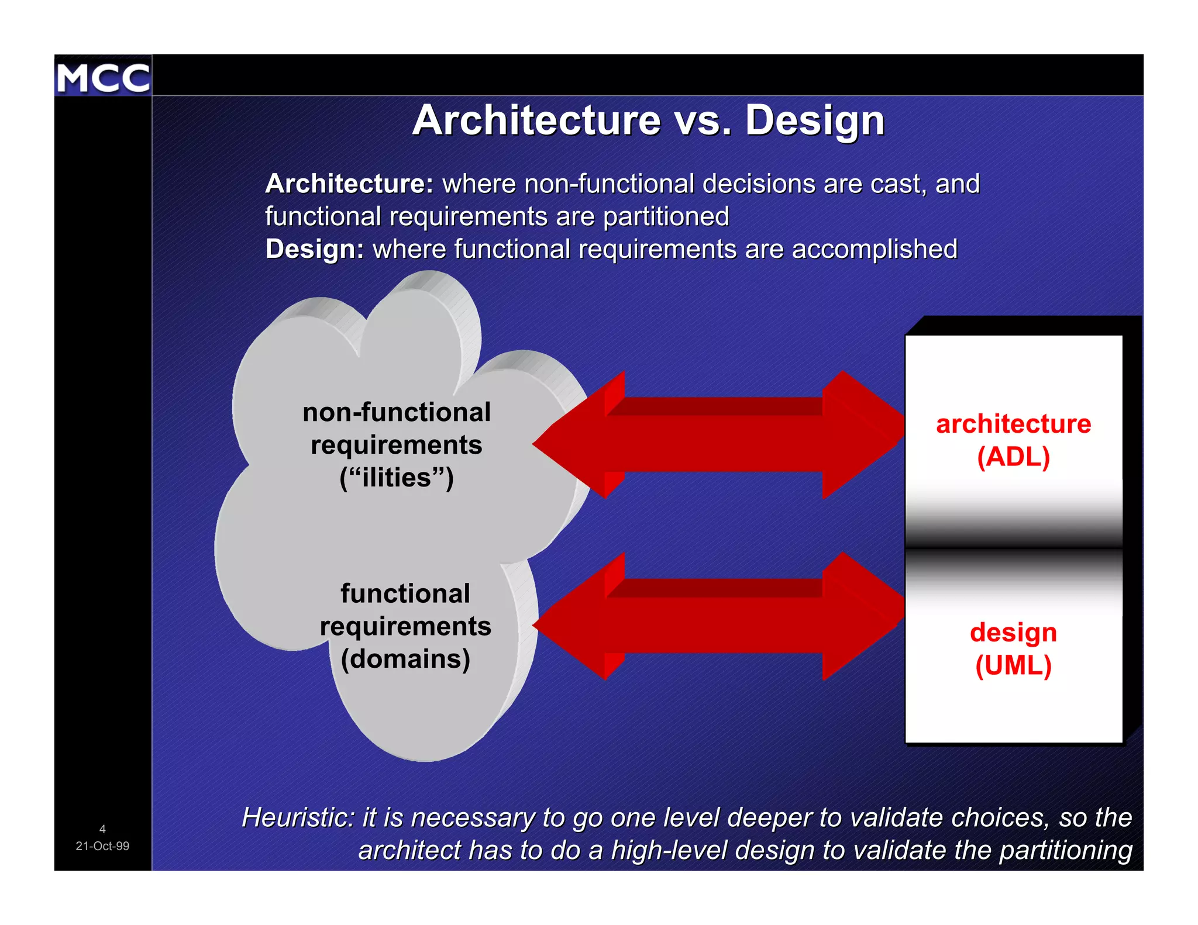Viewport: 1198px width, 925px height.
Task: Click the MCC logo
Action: [103, 77]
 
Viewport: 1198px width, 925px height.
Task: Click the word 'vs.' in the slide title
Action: [703, 121]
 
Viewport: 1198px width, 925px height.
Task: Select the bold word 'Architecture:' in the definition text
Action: [349, 184]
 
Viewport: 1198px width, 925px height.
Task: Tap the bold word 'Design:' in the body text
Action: [315, 250]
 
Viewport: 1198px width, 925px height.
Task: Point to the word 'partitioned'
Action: [666, 217]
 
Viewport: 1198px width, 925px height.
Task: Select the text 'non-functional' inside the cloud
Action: [396, 412]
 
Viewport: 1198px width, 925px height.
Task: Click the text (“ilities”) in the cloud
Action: [396, 478]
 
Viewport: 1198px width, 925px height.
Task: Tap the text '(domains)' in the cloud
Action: [405, 659]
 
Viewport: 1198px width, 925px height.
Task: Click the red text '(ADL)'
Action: [1013, 457]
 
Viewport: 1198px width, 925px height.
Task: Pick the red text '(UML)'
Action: [1013, 665]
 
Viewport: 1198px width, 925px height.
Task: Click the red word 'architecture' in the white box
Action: [1013, 424]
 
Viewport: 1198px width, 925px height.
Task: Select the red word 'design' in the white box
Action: [1013, 633]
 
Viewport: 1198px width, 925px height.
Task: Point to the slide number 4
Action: [102, 829]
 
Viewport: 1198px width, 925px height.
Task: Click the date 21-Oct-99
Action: [102, 846]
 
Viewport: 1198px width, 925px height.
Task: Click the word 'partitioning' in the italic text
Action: [1065, 850]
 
